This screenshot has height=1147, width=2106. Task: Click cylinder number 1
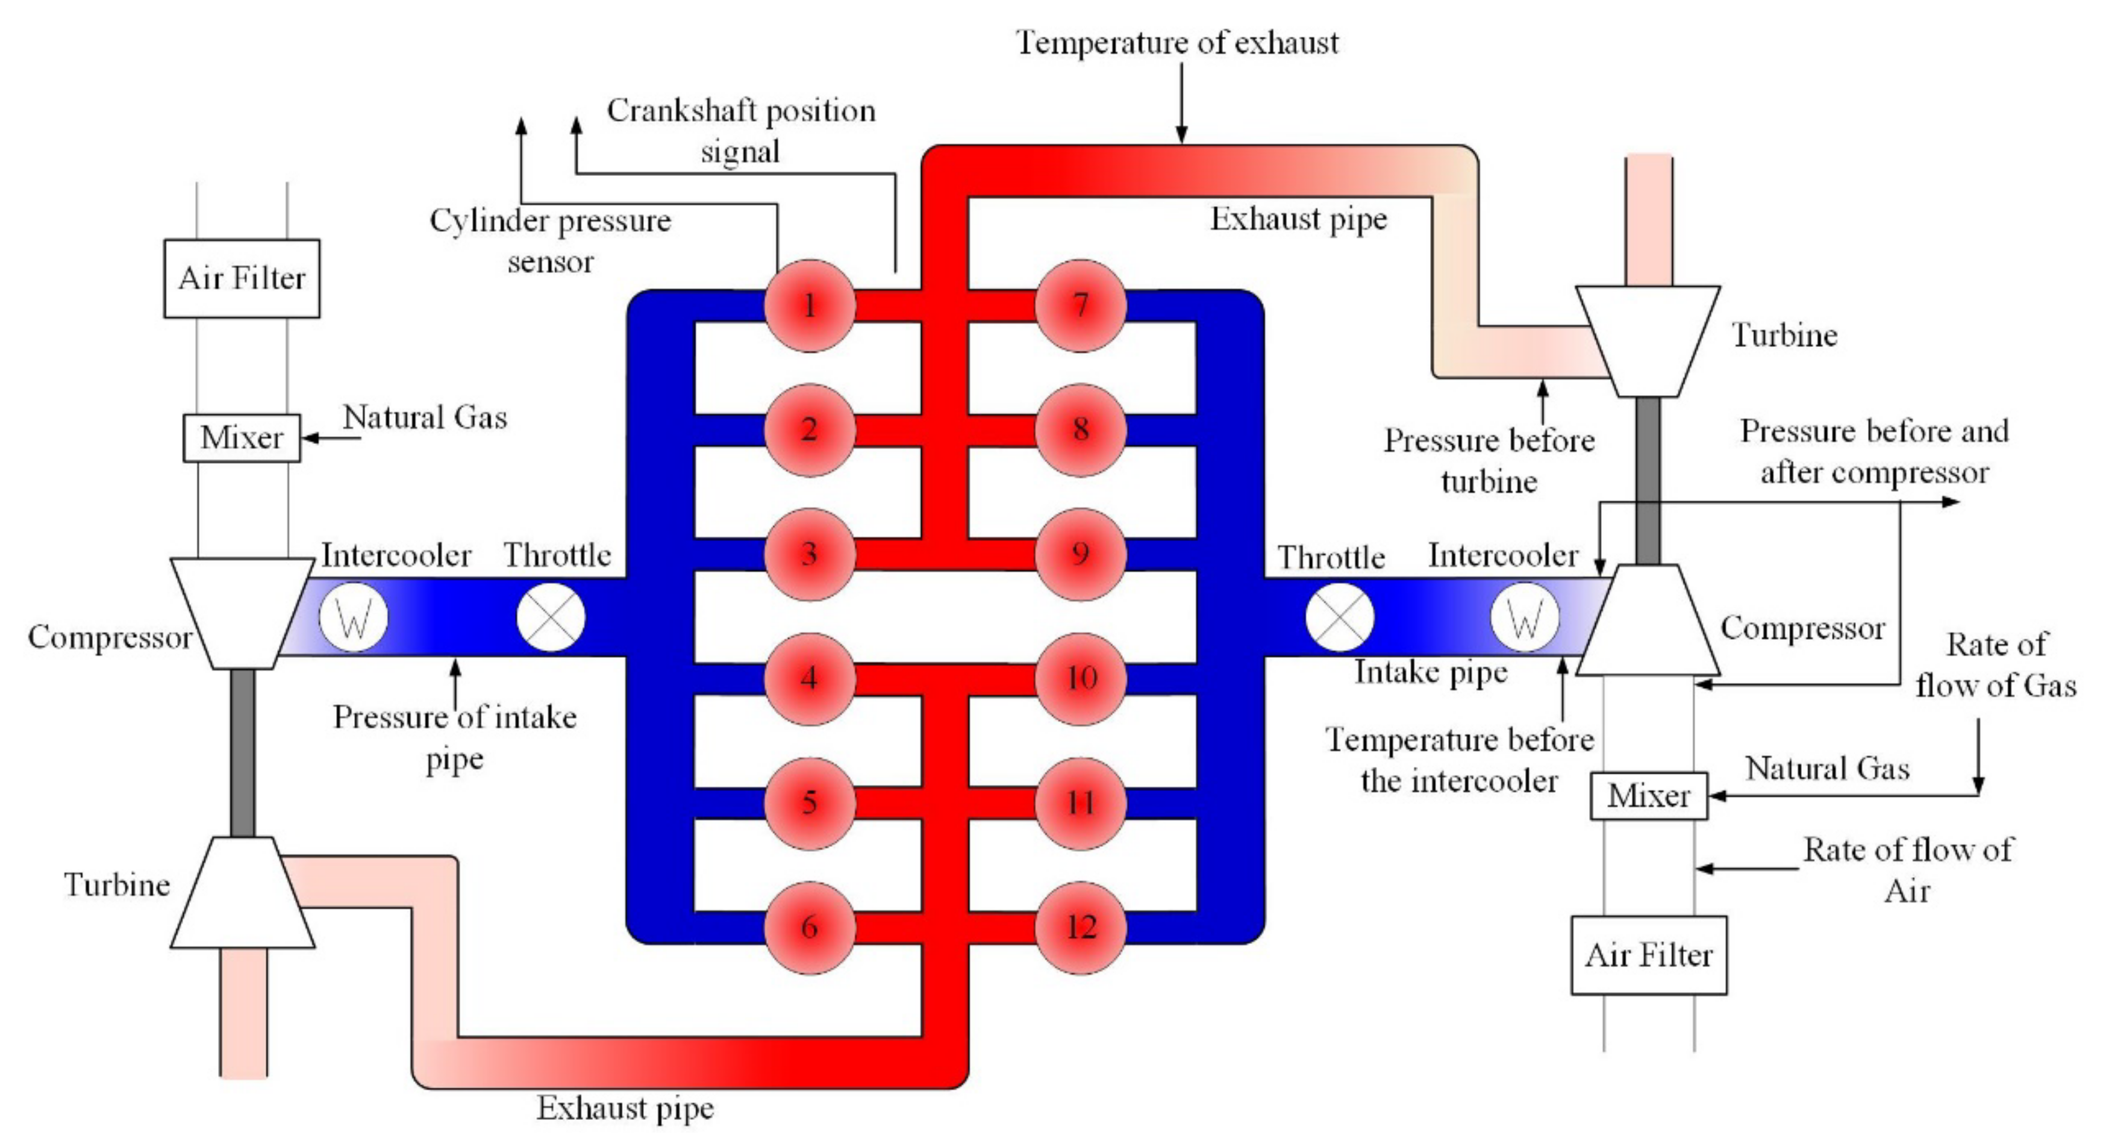click(810, 306)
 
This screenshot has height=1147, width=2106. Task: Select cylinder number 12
click(1081, 927)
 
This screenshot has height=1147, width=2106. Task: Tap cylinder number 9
click(1081, 554)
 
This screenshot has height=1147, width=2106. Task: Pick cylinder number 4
click(810, 678)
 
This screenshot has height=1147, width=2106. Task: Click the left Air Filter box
click(242, 279)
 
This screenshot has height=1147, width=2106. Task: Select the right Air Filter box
click(1648, 955)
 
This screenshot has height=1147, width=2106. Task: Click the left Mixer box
click(242, 438)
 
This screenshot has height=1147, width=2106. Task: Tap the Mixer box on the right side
click(1648, 795)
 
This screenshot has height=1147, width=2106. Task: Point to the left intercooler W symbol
click(353, 617)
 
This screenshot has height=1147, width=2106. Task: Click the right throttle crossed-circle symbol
click(1339, 617)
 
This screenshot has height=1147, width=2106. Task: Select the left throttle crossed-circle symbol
click(551, 617)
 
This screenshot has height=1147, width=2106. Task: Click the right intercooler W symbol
click(1525, 617)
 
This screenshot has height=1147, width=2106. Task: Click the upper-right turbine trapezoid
click(1648, 341)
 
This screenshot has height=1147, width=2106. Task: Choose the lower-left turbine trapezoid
click(242, 893)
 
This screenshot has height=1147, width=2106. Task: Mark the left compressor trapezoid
click(242, 613)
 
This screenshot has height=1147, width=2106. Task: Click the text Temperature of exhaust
click(1177, 43)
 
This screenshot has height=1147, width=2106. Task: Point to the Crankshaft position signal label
click(741, 131)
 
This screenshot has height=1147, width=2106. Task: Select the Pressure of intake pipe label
click(455, 737)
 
